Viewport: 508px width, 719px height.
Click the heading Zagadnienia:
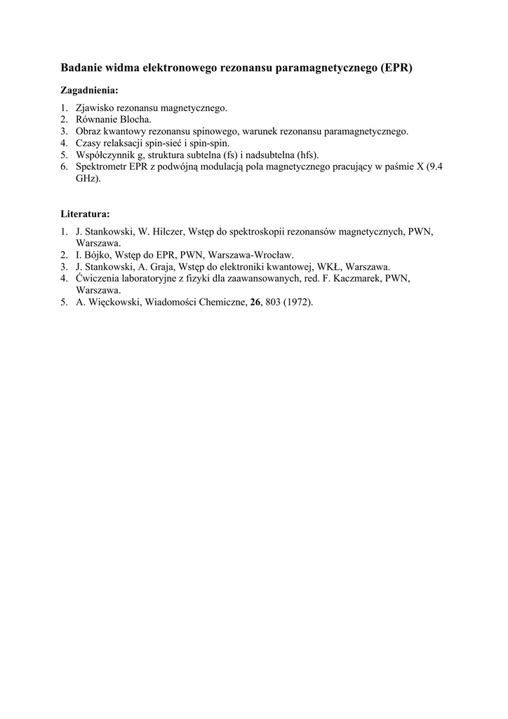point(89,91)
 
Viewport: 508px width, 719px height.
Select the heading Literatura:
point(84,213)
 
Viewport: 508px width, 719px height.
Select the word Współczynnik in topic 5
point(105,154)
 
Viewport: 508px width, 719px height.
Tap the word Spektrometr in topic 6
point(100,166)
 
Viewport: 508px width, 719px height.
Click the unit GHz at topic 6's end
point(87,178)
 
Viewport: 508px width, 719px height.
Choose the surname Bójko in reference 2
point(100,255)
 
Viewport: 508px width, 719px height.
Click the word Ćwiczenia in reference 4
point(98,278)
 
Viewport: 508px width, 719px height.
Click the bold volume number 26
point(255,303)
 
